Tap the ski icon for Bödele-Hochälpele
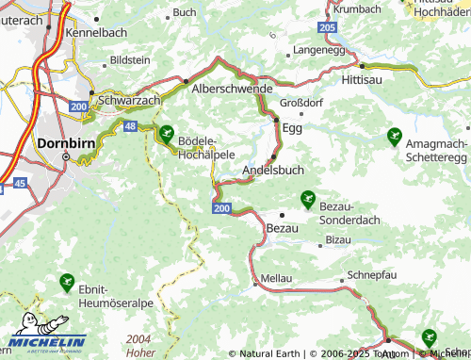click(x=167, y=134)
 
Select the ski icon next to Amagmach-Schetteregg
click(x=393, y=137)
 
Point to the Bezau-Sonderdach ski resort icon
click(x=307, y=198)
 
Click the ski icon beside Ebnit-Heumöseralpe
click(x=67, y=281)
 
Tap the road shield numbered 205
click(x=327, y=29)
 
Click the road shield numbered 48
click(x=130, y=125)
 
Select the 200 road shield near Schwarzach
click(x=77, y=109)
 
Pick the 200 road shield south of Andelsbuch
click(x=220, y=207)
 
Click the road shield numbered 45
click(x=20, y=185)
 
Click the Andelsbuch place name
click(x=274, y=170)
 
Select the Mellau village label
click(x=276, y=279)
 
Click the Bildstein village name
click(x=130, y=59)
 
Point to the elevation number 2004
click(x=138, y=338)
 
